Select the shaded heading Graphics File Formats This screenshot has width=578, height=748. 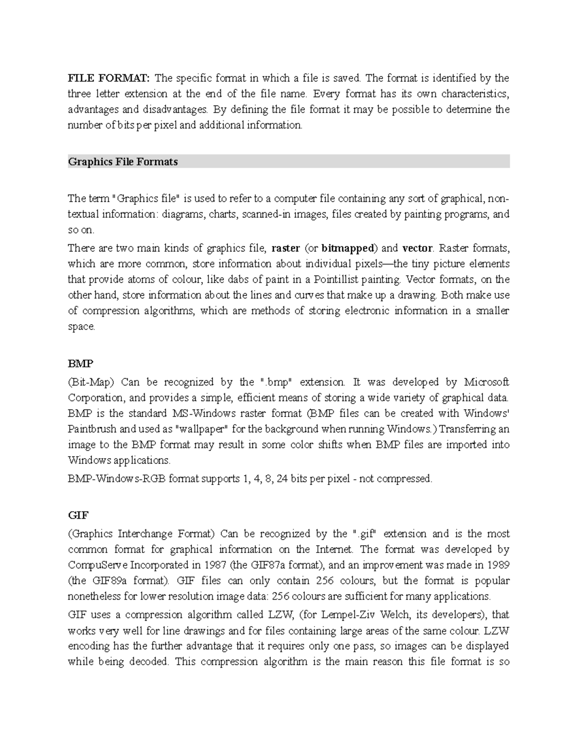point(123,162)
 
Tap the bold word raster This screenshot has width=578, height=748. point(286,249)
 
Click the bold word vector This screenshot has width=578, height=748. point(417,249)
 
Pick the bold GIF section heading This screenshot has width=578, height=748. point(78,515)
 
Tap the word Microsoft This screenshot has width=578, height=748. point(486,382)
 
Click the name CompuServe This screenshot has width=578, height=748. point(98,565)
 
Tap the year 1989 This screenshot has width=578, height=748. point(497,565)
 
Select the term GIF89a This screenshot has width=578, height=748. point(109,581)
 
